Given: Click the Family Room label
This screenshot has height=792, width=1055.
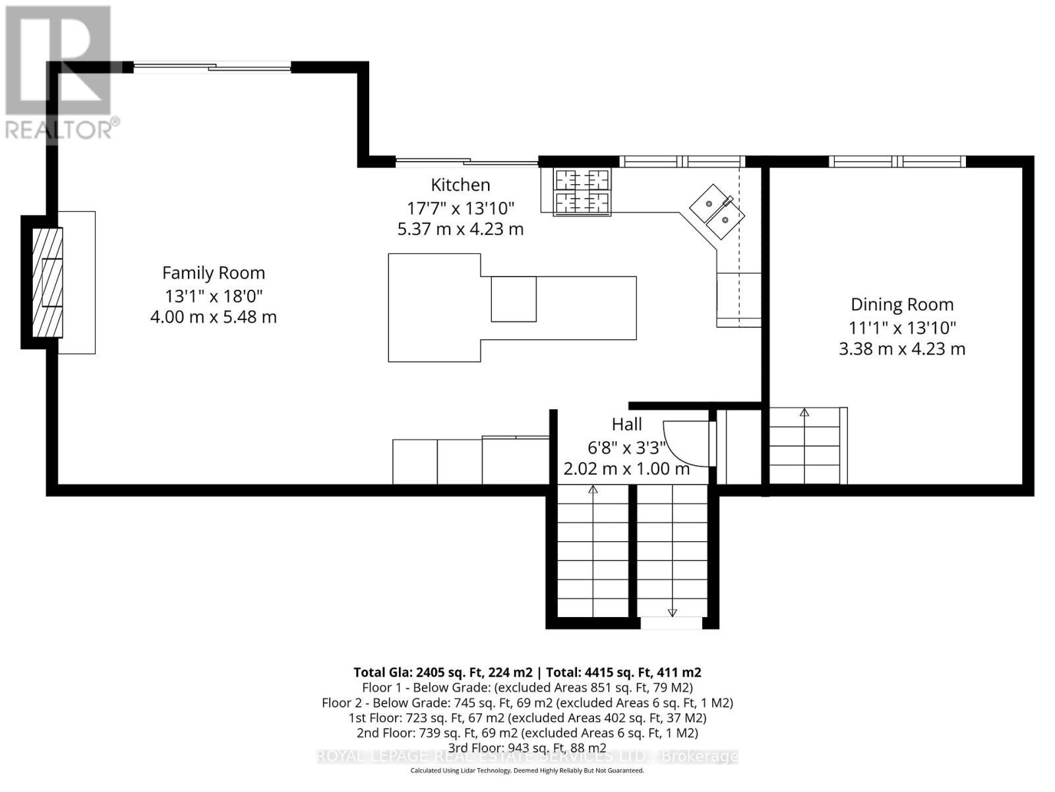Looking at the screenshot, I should pos(213,273).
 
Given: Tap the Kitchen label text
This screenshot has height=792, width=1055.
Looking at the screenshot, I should pos(460,185).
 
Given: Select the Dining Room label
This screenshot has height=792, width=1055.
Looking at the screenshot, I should pos(901,304).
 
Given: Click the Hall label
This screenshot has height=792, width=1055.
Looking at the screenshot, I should pos(626,424).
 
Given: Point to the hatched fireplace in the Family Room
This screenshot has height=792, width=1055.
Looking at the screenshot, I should pos(48,282).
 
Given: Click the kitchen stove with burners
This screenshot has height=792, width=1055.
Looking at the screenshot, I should pos(582,192).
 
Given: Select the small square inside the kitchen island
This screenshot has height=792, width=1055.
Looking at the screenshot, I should pos(513,299).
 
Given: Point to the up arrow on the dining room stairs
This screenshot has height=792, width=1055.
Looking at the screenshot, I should pos(804,413).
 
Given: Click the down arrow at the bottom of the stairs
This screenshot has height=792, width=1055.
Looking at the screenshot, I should pos(672,612).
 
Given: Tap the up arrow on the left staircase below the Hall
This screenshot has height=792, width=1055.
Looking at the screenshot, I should pos(593,490).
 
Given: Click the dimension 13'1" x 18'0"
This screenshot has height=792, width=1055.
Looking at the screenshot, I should pos(213,295).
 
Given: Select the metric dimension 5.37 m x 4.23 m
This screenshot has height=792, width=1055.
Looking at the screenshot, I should pos(460,229).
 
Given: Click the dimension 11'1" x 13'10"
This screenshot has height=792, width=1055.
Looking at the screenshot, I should pos(901,327).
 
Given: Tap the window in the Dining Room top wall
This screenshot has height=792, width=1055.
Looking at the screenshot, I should pos(897,161).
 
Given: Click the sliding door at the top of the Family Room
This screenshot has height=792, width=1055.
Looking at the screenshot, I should pos(212,66).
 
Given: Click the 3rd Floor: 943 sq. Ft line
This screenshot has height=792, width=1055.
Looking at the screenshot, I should pos(527,748).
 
